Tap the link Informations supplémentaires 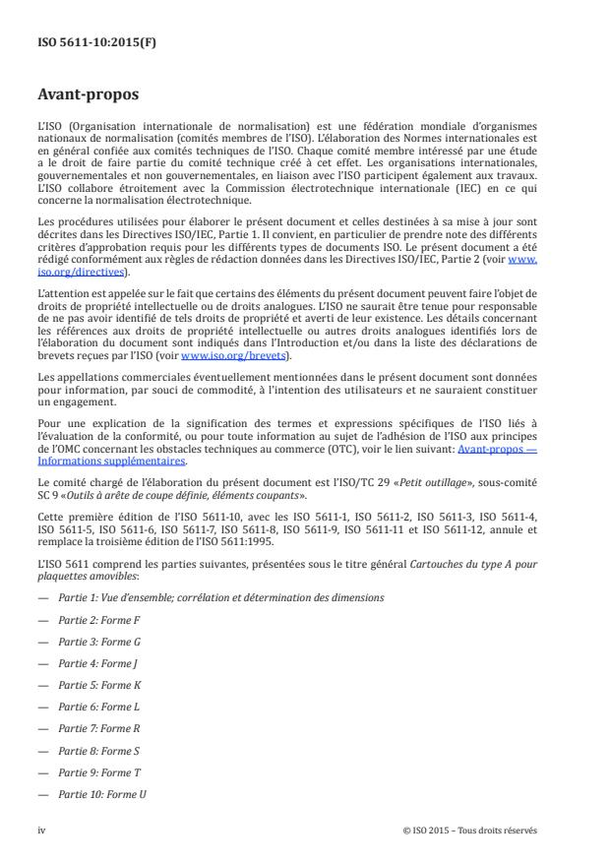pos(109,459)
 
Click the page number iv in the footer pos(42,831)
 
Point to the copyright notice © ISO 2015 pos(470,831)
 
